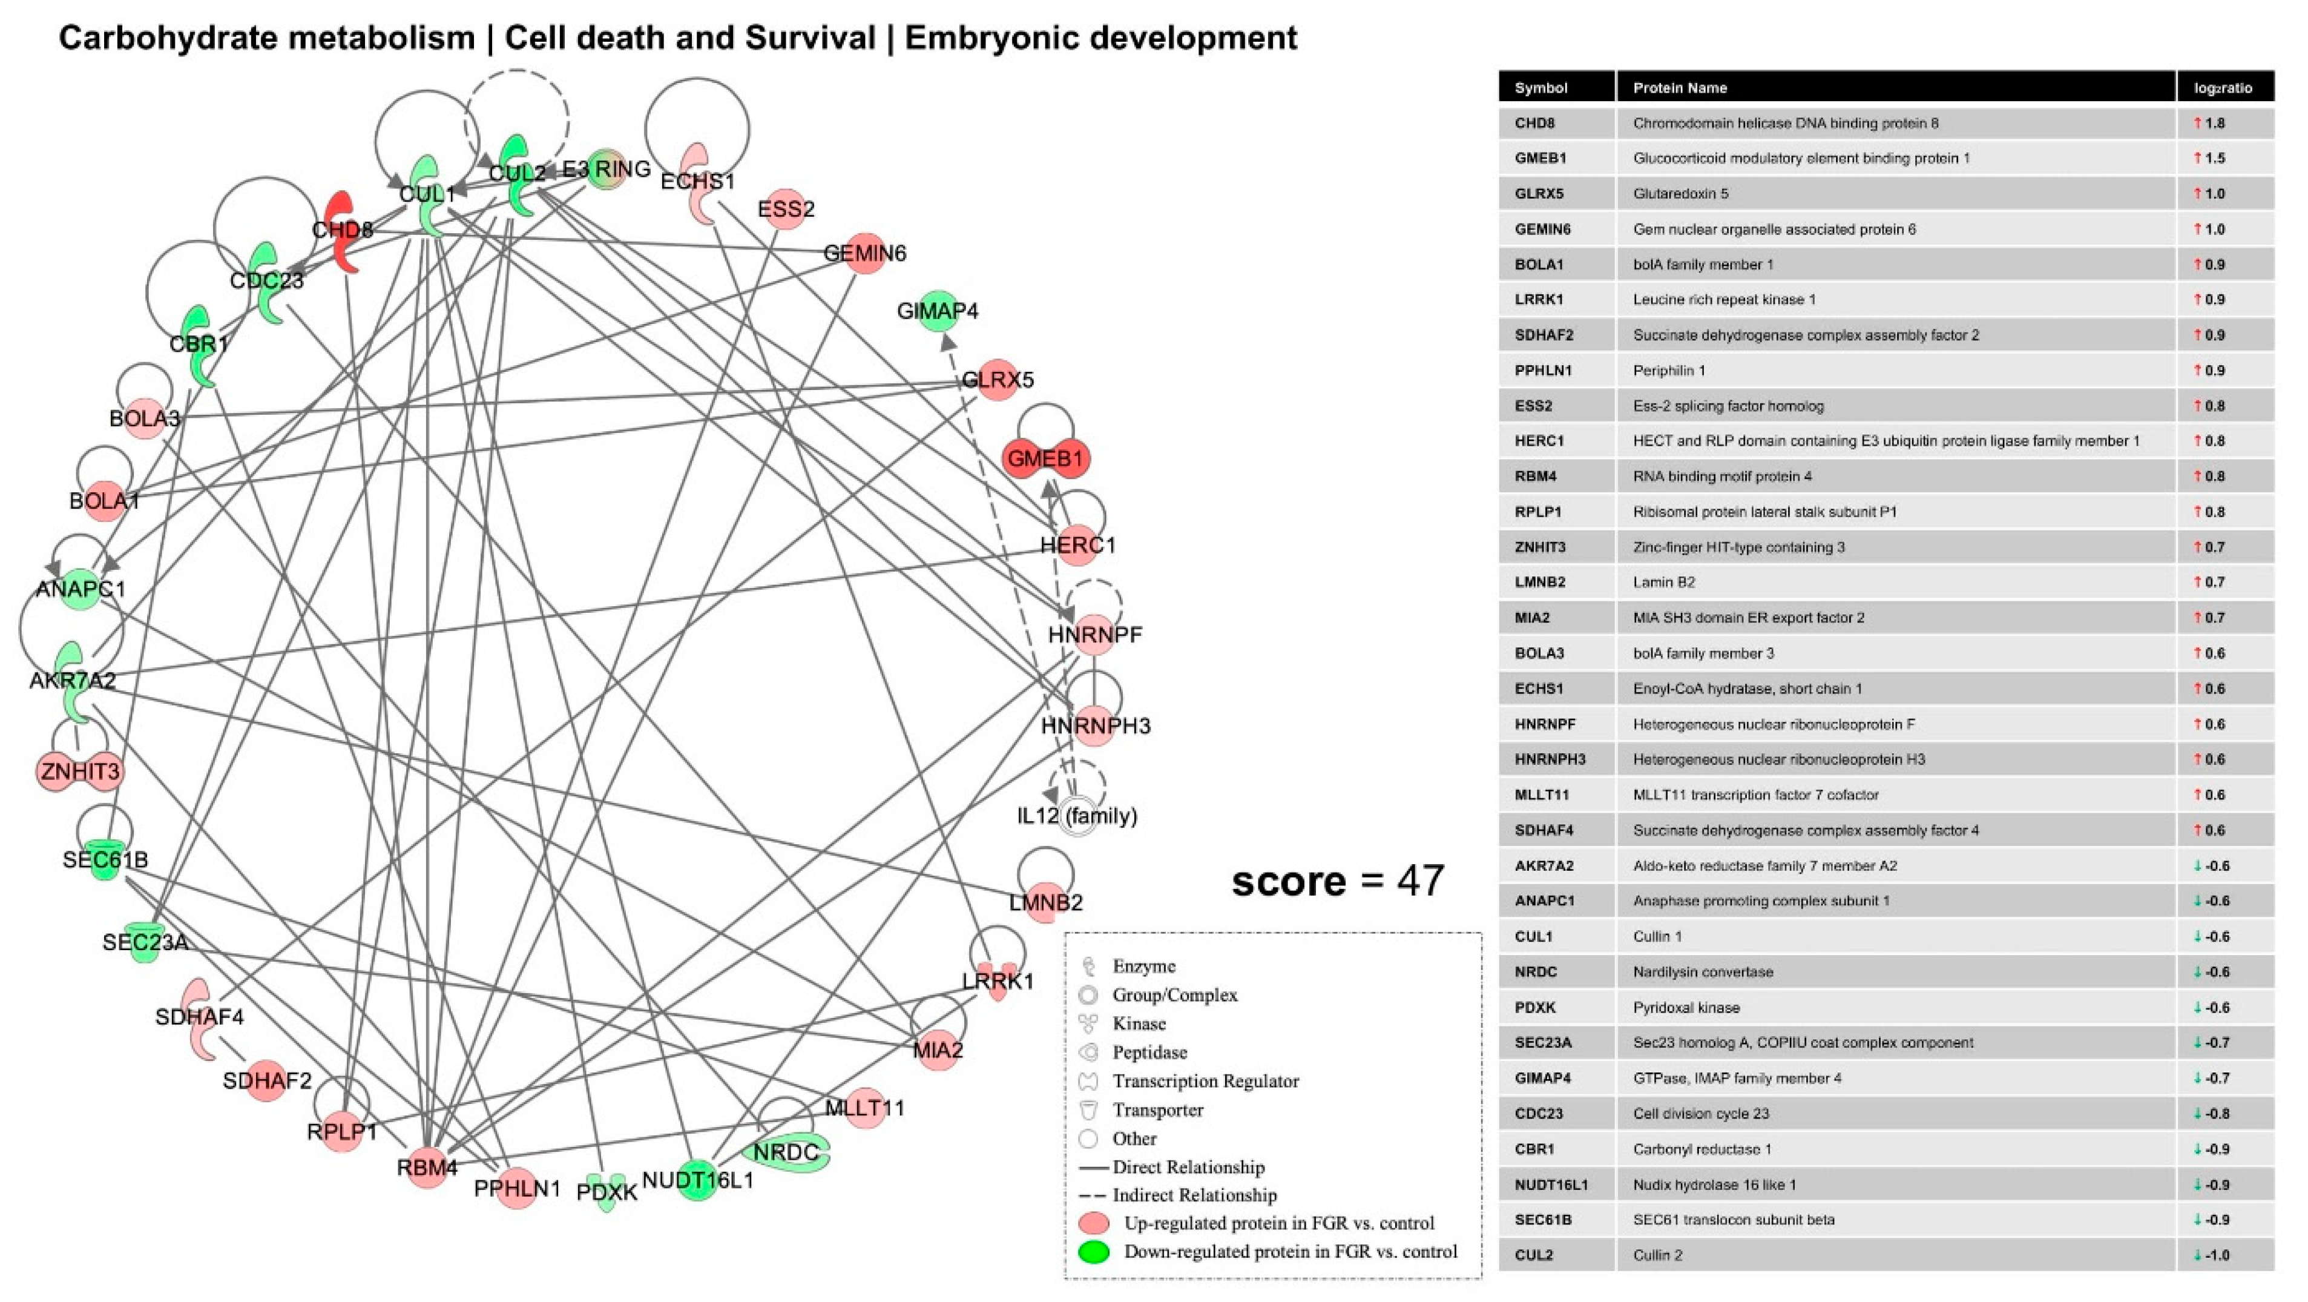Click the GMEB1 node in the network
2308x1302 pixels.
tap(1045, 459)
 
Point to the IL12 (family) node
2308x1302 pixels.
tap(1077, 816)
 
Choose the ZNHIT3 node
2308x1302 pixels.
tap(80, 771)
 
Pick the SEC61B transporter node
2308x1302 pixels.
tap(105, 861)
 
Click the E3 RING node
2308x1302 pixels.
tap(607, 168)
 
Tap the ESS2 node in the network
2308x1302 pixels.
tap(786, 209)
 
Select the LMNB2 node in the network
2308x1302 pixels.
tap(1045, 902)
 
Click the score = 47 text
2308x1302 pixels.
tap(1338, 881)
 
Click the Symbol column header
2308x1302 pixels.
tap(1541, 88)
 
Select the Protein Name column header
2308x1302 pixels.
tap(1680, 88)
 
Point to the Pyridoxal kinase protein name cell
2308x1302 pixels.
tap(1686, 1007)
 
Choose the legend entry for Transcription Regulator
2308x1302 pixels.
tap(1205, 1081)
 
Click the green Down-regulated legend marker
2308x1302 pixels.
tap(1094, 1252)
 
